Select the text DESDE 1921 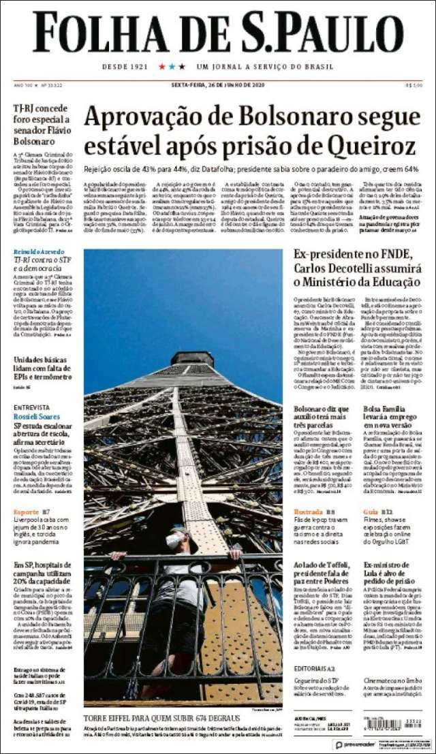125,67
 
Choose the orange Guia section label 371,512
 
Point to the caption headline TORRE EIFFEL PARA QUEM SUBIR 162,719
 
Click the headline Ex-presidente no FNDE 352,255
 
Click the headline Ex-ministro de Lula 391,570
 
